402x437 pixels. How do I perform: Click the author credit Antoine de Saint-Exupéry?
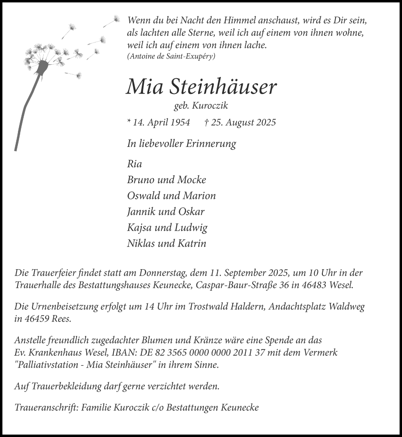click(x=171, y=56)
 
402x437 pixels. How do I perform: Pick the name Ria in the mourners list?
click(x=134, y=164)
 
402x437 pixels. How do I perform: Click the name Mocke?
click(x=192, y=180)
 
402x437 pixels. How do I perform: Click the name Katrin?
click(x=191, y=243)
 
